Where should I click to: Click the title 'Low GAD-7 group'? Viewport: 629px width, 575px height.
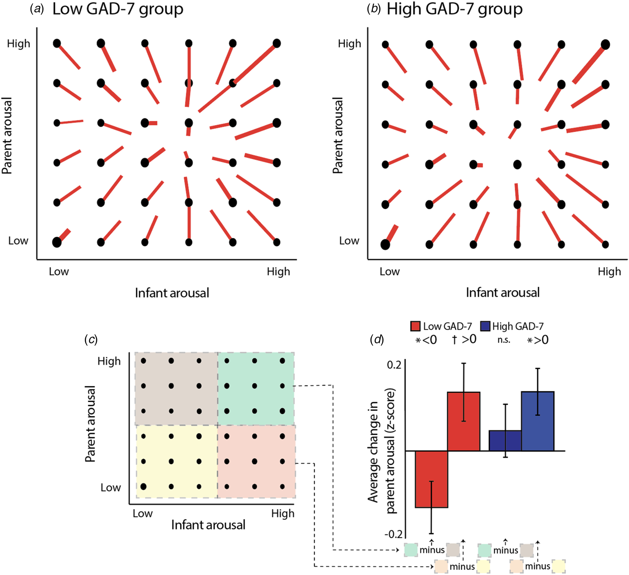[x=118, y=9]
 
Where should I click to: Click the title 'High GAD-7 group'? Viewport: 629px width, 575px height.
[x=454, y=9]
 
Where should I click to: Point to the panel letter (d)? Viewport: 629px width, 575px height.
[x=376, y=340]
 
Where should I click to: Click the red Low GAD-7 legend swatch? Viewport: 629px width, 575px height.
[x=415, y=326]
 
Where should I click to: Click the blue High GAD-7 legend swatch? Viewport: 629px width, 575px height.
[x=485, y=326]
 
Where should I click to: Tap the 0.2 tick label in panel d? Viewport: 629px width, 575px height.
[x=394, y=365]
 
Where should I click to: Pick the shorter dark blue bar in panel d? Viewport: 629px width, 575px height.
[x=505, y=440]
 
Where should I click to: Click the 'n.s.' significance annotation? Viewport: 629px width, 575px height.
[x=504, y=340]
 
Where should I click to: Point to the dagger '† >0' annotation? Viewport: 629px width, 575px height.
[x=464, y=339]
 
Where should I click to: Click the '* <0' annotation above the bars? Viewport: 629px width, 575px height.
[x=426, y=340]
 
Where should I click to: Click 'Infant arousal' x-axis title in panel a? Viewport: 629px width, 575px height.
[x=172, y=293]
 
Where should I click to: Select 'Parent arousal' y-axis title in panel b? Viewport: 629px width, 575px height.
[x=338, y=135]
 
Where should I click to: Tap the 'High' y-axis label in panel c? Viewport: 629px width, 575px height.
[x=109, y=361]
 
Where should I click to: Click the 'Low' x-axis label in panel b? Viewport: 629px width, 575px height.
[x=389, y=272]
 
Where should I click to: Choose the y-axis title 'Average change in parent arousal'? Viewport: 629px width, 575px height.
[x=382, y=451]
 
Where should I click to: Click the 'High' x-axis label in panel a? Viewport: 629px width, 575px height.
[x=278, y=272]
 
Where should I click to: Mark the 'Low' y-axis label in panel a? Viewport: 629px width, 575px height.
[x=18, y=241]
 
